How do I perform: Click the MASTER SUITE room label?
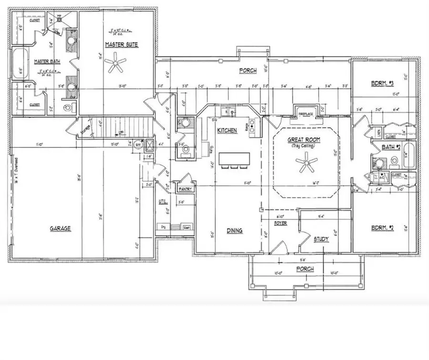pyautogui.click(x=122, y=44)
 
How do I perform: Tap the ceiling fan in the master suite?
pyautogui.click(x=116, y=63)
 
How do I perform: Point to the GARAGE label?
pyautogui.click(x=60, y=228)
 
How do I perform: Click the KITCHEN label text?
pyautogui.click(x=227, y=130)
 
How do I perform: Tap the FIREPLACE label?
pyautogui.click(x=305, y=114)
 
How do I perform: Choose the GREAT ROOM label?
pyautogui.click(x=304, y=140)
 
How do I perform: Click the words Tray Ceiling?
pyautogui.click(x=304, y=146)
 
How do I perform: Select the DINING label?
pyautogui.click(x=234, y=230)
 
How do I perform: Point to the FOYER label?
pyautogui.click(x=280, y=223)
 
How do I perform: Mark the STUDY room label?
pyautogui.click(x=321, y=238)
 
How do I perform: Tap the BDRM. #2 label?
pyautogui.click(x=382, y=227)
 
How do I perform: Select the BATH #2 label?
pyautogui.click(x=390, y=147)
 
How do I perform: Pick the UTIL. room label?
pyautogui.click(x=163, y=202)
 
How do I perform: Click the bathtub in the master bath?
pyautogui.click(x=19, y=64)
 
